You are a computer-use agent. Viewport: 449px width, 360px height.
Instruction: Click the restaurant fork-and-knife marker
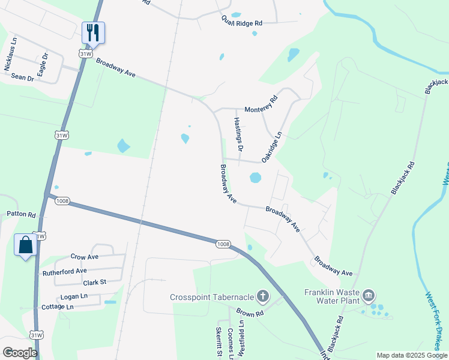93,32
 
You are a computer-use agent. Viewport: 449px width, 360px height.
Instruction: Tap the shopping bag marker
26,245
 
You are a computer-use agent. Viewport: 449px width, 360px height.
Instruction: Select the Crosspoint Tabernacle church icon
262,296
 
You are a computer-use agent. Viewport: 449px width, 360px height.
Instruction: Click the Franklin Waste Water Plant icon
369,295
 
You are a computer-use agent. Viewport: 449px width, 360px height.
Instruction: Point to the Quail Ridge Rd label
242,22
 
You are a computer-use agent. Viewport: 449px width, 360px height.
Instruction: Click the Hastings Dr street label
238,134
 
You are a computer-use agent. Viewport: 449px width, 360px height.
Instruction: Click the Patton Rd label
21,214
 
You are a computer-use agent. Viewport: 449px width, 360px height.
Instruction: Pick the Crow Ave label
84,257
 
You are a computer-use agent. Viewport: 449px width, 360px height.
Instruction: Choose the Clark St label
94,282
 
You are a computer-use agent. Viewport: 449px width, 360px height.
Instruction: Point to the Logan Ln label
74,296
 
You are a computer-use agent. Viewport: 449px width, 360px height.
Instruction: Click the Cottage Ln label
58,307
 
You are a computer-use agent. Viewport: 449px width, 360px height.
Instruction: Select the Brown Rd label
250,313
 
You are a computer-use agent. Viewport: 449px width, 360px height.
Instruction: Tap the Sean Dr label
23,77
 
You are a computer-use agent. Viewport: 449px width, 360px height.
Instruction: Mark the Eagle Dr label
42,65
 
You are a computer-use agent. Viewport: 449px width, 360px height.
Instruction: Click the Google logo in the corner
20,353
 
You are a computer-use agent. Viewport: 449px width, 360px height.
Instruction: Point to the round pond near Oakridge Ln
256,178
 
